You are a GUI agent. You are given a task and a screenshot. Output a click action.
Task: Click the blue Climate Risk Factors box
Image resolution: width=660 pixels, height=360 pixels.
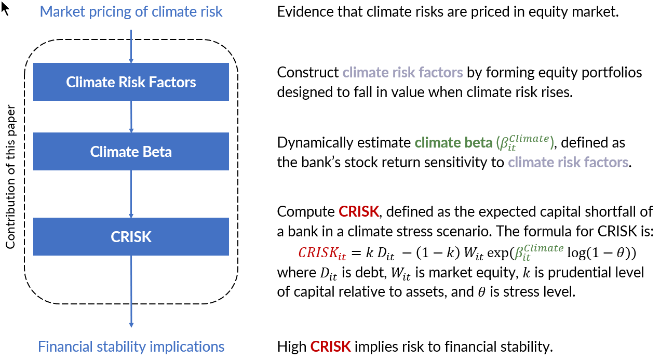coord(131,82)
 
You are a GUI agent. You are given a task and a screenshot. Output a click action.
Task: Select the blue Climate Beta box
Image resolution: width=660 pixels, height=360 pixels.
coord(131,152)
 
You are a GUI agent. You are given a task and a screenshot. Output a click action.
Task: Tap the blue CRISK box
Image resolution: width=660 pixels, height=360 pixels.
coord(131,237)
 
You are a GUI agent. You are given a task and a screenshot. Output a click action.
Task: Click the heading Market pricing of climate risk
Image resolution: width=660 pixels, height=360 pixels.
coord(131,11)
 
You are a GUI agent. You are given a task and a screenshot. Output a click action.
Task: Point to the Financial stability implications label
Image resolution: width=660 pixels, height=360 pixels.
coord(131,346)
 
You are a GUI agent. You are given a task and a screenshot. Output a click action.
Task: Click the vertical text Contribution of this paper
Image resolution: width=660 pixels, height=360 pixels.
coord(10,178)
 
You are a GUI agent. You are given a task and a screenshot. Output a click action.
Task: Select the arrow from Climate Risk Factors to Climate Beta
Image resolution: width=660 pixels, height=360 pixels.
coord(131,116)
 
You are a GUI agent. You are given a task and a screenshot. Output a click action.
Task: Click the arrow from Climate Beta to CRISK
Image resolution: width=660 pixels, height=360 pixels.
coord(131,193)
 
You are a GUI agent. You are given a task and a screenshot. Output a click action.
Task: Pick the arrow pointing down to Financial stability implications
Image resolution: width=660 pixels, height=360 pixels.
coord(131,291)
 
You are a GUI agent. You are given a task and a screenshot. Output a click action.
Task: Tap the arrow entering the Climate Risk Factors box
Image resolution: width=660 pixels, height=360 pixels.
coord(131,47)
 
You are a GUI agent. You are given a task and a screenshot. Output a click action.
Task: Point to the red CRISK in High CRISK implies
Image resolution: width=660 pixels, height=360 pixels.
coord(330,346)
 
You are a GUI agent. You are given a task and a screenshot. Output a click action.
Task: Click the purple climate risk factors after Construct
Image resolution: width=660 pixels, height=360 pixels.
coord(403,72)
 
